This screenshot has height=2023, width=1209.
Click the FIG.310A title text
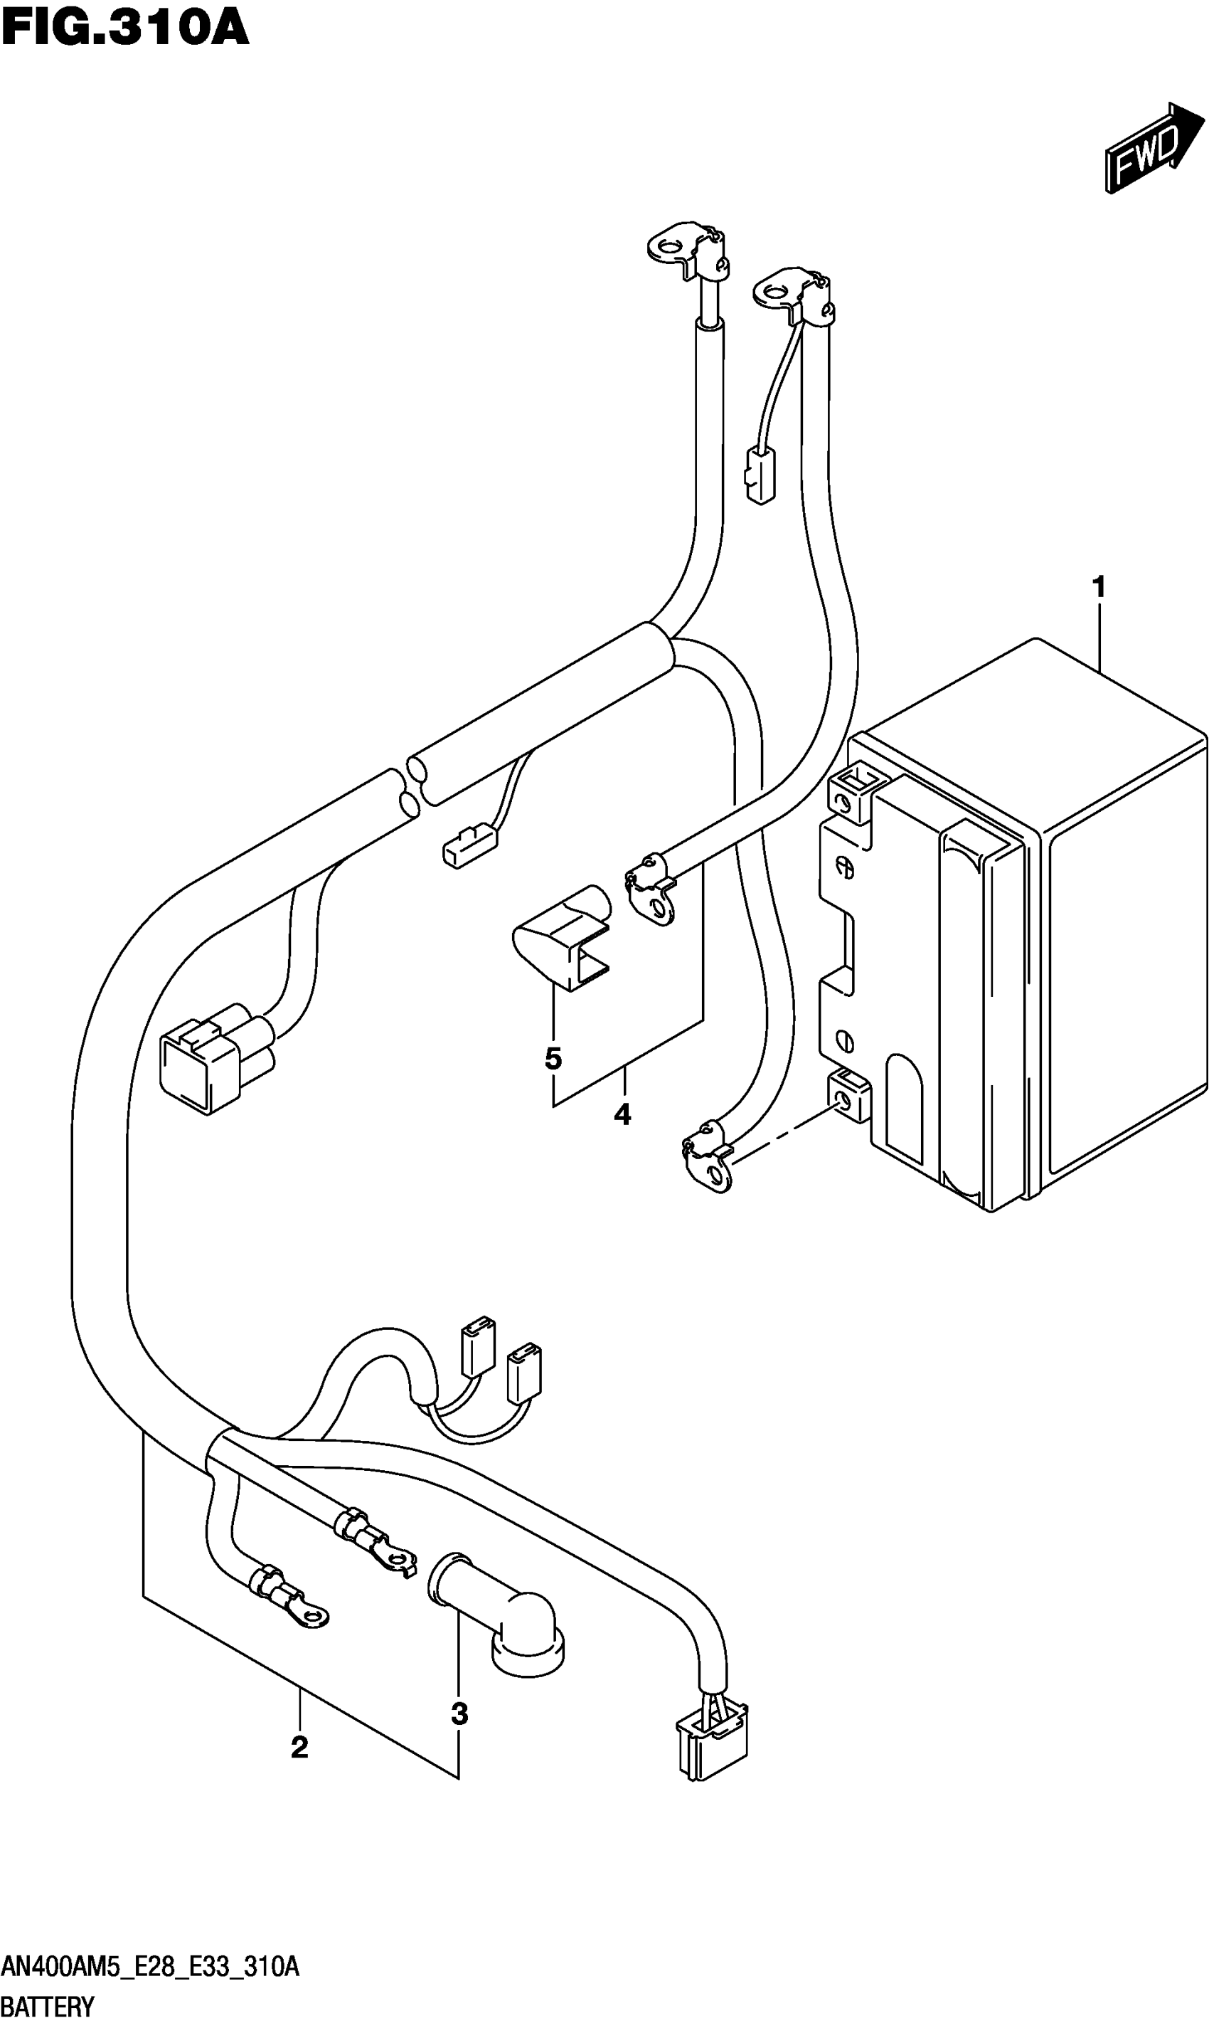point(124,29)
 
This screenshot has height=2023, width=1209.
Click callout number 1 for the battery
point(1098,587)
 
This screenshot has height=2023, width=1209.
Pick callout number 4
point(622,1114)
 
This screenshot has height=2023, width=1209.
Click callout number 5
point(553,1059)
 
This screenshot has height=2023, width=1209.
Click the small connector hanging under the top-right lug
point(760,477)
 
